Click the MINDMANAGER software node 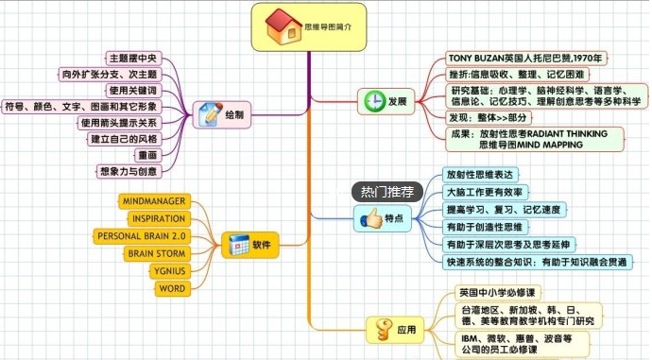pos(154,201)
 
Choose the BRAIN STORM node pos(155,253)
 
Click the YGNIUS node pos(171,271)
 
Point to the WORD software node pos(171,288)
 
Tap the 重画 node pos(147,155)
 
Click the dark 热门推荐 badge pos(387,192)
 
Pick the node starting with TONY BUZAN pos(526,59)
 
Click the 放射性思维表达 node pos(480,175)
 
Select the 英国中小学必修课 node pos(496,293)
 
